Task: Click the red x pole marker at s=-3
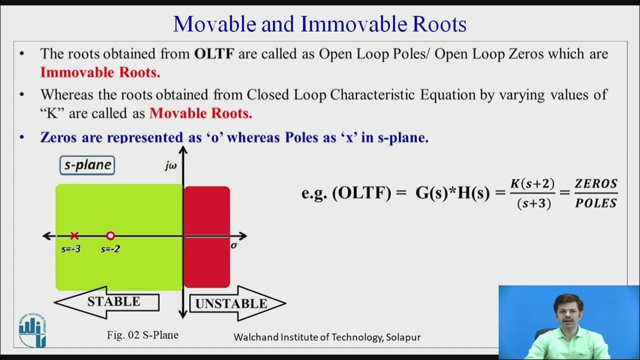(74, 235)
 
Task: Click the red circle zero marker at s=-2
(110, 235)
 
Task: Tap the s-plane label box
(87, 165)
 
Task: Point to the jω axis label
(171, 165)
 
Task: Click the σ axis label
(233, 245)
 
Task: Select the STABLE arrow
(107, 302)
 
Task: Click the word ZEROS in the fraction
(596, 183)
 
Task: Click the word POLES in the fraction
(596, 203)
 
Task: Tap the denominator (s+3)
(534, 203)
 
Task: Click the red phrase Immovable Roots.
(100, 72)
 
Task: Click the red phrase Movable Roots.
(200, 113)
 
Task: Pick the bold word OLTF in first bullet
(214, 54)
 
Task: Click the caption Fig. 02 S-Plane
(142, 335)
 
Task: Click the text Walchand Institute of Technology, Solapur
(327, 337)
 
